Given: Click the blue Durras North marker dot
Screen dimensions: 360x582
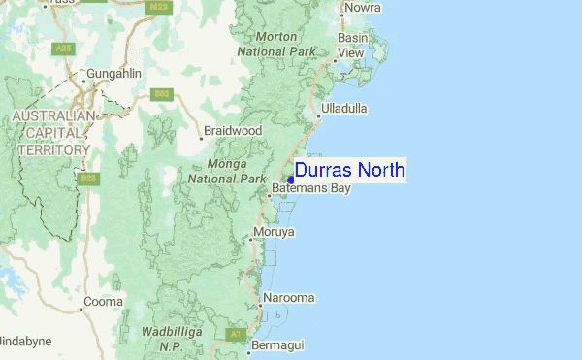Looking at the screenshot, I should pyautogui.click(x=291, y=179).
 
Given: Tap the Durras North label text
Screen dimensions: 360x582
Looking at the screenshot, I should pyautogui.click(x=350, y=171).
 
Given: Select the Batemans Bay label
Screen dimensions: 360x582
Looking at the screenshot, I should pyautogui.click(x=311, y=188).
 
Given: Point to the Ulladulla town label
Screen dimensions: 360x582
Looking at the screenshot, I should pyautogui.click(x=344, y=109).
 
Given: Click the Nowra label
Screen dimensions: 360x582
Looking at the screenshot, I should pyautogui.click(x=361, y=8).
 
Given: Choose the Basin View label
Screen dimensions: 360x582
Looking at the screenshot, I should pyautogui.click(x=351, y=45).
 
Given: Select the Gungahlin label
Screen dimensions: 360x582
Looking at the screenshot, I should pyautogui.click(x=113, y=74).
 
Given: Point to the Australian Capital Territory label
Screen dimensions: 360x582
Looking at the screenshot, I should pyautogui.click(x=49, y=133).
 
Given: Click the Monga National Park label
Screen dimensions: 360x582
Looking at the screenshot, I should pyautogui.click(x=227, y=172).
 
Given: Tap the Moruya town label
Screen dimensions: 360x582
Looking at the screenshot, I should pyautogui.click(x=274, y=232).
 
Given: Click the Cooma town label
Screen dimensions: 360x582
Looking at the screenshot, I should pyautogui.click(x=104, y=302).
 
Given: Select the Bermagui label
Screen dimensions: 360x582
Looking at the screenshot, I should pyautogui.click(x=278, y=344).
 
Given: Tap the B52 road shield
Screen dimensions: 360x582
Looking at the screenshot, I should pyautogui.click(x=161, y=94).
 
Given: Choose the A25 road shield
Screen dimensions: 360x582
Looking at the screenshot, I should pyautogui.click(x=65, y=47).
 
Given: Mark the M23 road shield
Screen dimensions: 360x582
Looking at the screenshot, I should pyautogui.click(x=159, y=7).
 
